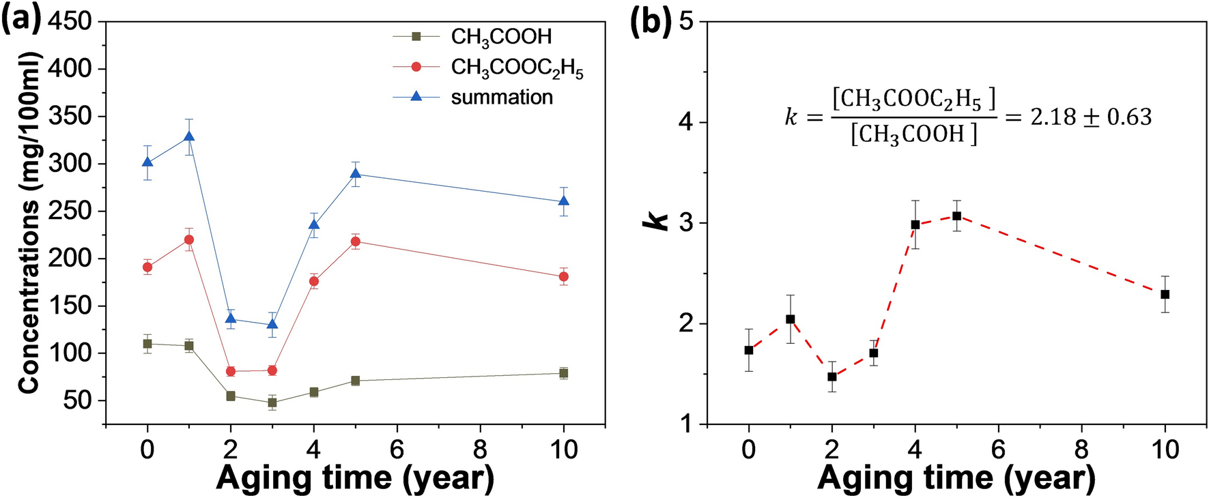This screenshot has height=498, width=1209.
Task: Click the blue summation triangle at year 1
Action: click(x=189, y=136)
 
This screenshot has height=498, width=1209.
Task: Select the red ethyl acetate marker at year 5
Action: click(x=356, y=241)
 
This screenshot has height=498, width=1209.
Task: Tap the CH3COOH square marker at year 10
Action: click(x=564, y=373)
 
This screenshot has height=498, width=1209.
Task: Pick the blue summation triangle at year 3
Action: click(x=272, y=324)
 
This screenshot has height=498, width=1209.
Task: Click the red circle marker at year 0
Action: click(x=147, y=267)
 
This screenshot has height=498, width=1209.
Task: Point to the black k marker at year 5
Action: click(x=956, y=216)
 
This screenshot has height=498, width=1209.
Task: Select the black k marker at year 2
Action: click(x=832, y=377)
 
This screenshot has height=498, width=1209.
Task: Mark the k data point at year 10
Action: click(x=1165, y=294)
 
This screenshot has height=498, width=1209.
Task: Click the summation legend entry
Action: click(x=501, y=98)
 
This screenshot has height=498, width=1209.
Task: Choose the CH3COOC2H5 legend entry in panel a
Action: click(x=517, y=68)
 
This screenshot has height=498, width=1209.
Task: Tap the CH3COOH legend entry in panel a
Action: click(x=501, y=37)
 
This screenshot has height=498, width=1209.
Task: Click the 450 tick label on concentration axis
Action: click(x=70, y=21)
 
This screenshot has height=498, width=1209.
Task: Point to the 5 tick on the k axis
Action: click(x=686, y=22)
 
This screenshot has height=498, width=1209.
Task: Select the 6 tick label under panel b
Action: click(x=998, y=450)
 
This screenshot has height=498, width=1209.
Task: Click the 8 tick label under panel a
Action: click(x=480, y=450)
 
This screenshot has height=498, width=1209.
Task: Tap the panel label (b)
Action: click(x=650, y=22)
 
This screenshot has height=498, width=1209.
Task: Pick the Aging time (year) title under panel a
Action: click(x=355, y=478)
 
